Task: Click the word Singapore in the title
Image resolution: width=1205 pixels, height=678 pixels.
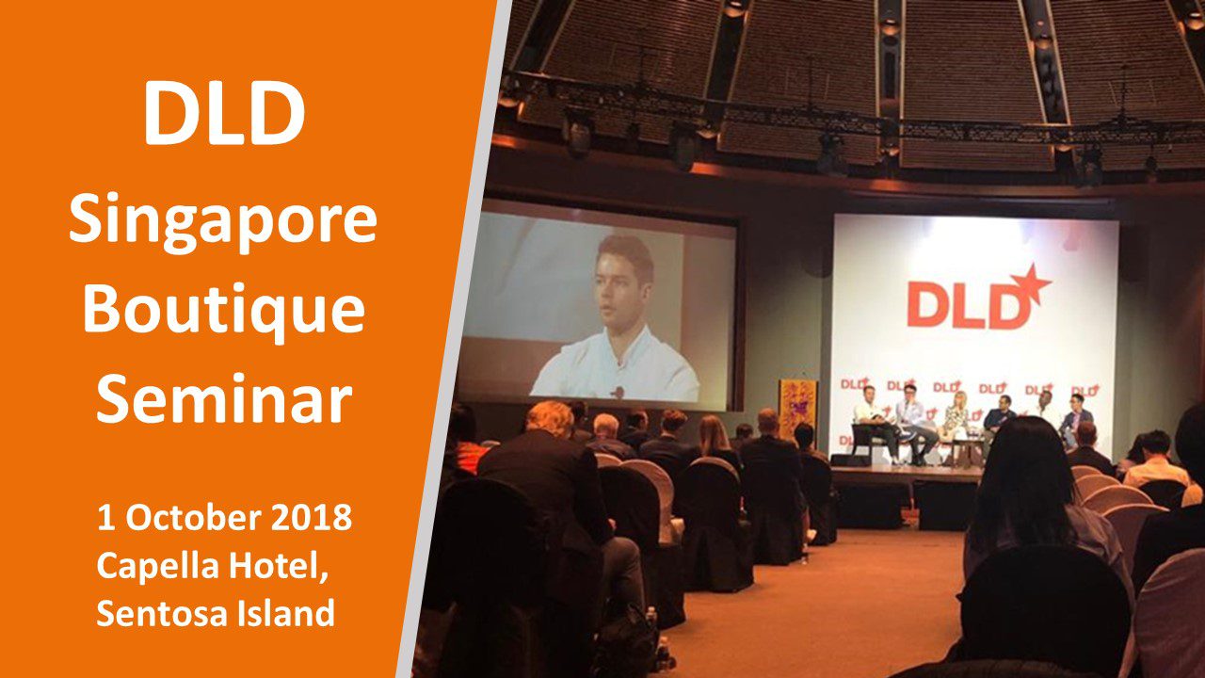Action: coord(223,224)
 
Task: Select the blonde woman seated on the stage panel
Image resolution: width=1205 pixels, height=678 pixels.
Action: coord(956,425)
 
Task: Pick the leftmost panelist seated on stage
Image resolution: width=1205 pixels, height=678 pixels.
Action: coord(874,423)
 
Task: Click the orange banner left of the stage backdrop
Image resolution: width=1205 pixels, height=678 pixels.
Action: coord(797,410)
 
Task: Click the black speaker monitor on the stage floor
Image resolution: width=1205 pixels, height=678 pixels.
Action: coord(849,460)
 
